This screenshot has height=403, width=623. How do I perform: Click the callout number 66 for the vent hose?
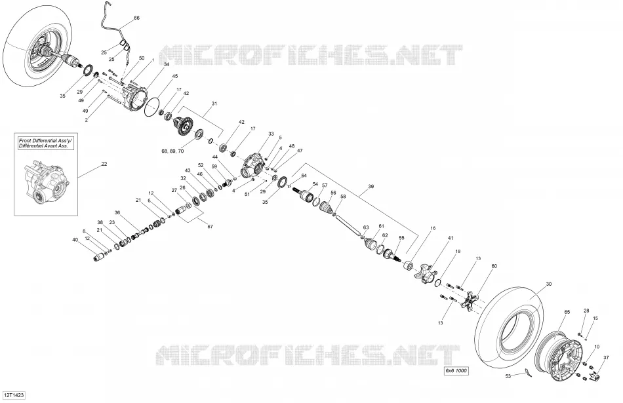136,18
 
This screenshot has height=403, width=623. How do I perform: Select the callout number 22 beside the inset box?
104,164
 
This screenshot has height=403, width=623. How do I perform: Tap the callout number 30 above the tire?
549,284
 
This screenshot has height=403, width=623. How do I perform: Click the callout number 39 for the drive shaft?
371,186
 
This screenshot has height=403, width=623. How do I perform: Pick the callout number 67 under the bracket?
211,226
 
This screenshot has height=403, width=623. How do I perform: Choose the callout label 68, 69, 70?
172,151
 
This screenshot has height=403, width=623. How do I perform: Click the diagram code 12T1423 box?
14,395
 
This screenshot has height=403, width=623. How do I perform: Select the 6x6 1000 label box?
456,371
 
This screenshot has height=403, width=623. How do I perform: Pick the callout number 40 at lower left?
75,239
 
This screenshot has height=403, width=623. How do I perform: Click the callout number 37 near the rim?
606,357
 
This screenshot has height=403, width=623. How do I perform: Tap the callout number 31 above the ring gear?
214,104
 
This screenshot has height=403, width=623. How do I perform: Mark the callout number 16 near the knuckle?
433,228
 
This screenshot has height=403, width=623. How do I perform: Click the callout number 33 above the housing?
271,134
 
